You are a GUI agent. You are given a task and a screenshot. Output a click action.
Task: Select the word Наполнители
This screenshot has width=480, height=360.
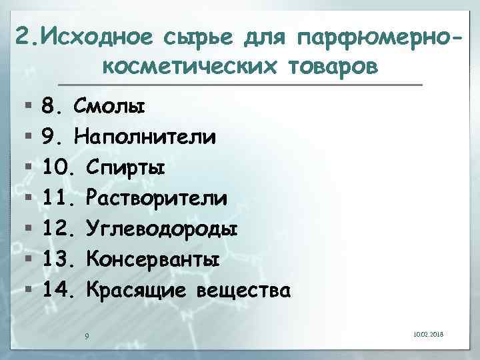click(145, 137)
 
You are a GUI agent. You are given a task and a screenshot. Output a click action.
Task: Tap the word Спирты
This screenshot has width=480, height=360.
click(127, 167)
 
